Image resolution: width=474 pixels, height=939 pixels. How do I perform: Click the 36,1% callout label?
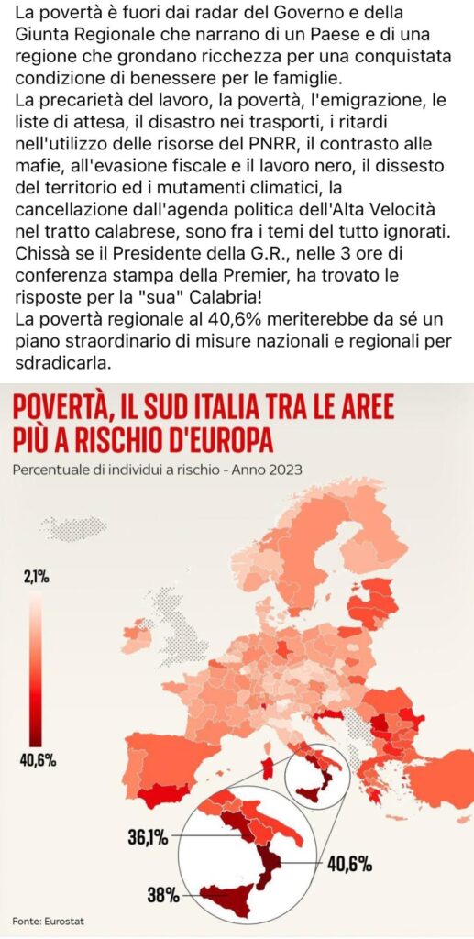coord(148,836)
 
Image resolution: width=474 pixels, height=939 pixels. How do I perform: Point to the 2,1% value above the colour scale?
coord(37,578)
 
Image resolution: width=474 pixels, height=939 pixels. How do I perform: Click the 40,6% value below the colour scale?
coord(39,762)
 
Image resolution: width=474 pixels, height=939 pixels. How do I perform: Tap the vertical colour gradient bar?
coord(36,668)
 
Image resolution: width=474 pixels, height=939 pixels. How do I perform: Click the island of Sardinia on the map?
coord(270,768)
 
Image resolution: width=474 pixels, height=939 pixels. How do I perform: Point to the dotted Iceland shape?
coord(73,528)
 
